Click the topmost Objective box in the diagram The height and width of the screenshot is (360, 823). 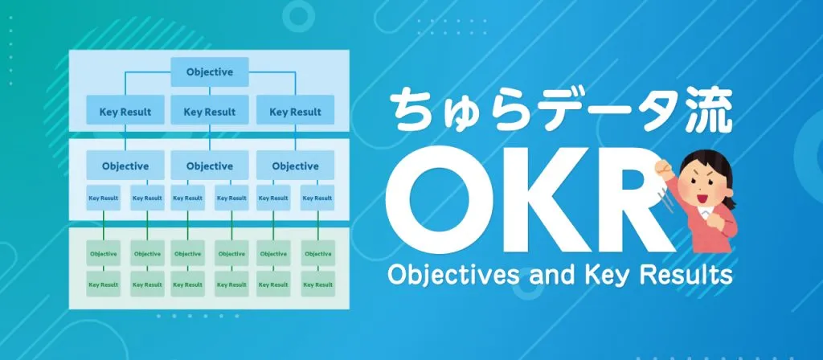tap(210, 72)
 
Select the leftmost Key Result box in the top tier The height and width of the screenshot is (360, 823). tap(125, 112)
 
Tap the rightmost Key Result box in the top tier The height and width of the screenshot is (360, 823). tap(294, 112)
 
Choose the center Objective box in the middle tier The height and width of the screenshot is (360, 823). tap(210, 166)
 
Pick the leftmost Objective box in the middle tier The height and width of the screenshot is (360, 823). tap(125, 166)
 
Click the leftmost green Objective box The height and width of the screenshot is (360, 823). tap(103, 254)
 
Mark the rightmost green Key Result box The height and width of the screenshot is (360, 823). tap(317, 284)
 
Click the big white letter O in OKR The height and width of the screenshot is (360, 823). tap(447, 202)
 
